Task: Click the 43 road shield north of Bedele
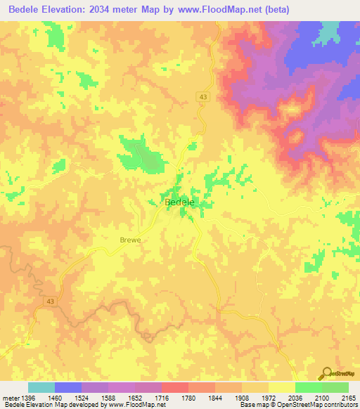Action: coord(202,96)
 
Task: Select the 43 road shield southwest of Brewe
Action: coord(49,301)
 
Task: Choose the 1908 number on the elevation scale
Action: coord(242,398)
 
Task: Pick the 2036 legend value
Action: coord(295,398)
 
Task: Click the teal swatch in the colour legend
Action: coord(41,387)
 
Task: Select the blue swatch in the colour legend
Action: coord(68,387)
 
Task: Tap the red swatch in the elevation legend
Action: coord(175,387)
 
